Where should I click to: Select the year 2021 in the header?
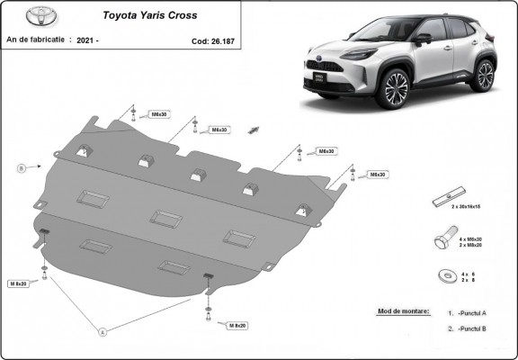87,40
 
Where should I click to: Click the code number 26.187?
208,40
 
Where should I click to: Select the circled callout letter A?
103,332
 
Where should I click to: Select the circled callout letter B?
20,167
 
